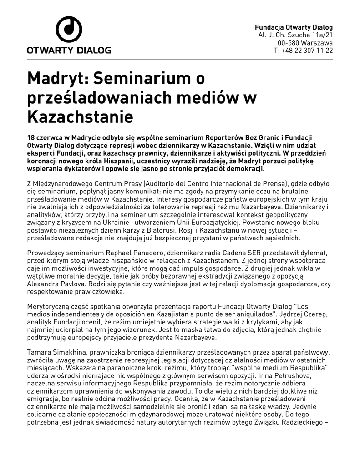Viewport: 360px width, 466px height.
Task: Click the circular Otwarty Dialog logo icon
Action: pyautogui.click(x=69, y=30)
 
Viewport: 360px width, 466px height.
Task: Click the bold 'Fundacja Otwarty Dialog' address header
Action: pyautogui.click(x=294, y=27)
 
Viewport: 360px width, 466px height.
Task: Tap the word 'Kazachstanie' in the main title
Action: pyautogui.click(x=80, y=117)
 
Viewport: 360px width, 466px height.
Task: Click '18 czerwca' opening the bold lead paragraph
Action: pyautogui.click(x=45, y=138)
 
